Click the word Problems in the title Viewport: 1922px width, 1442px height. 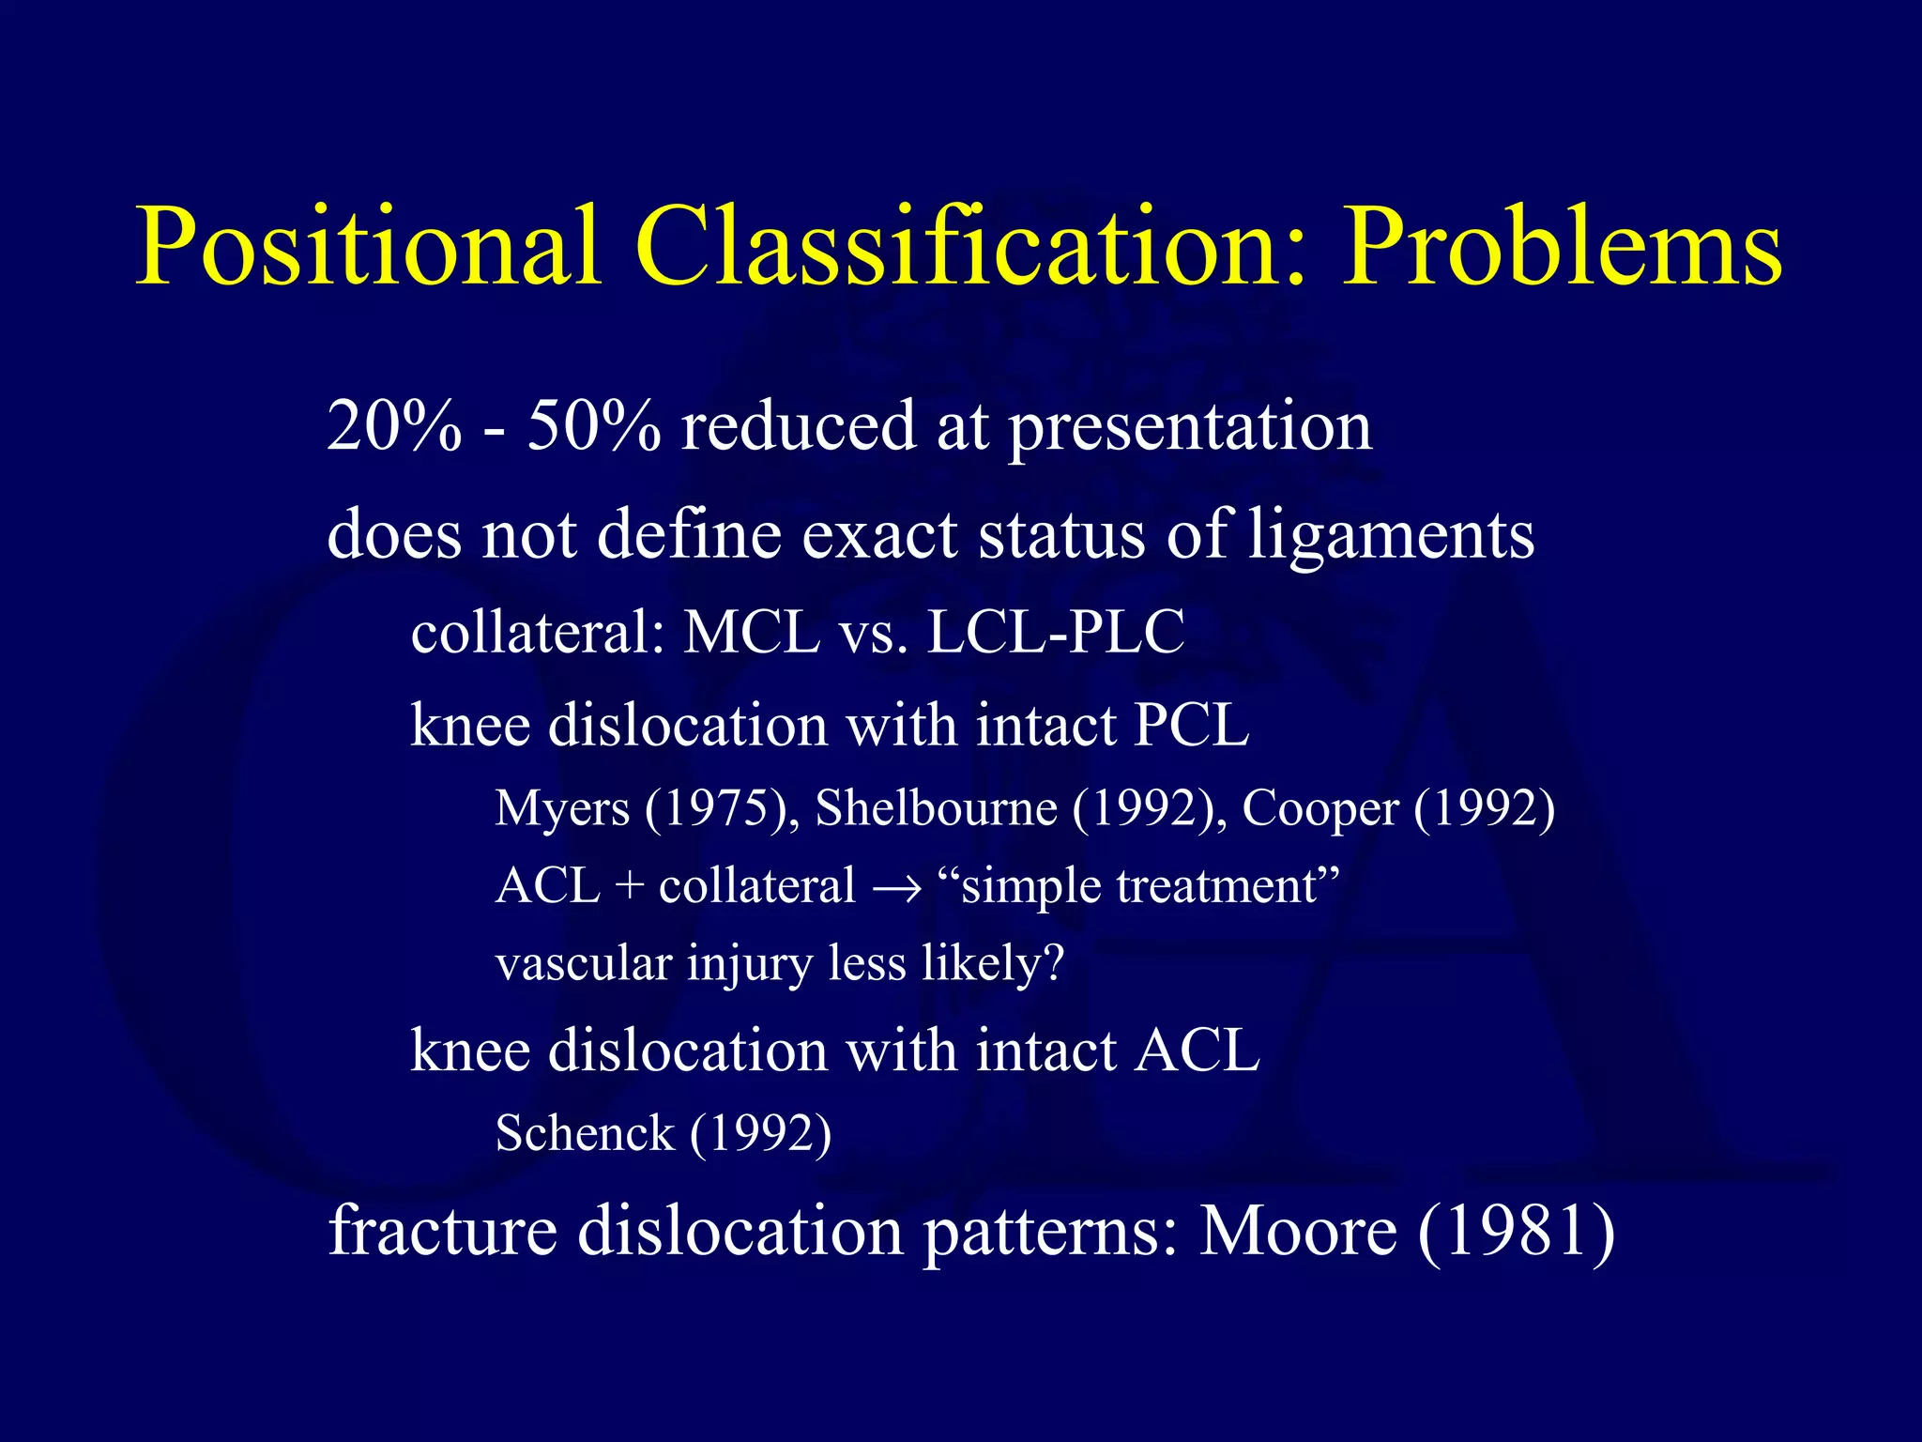pos(1562,246)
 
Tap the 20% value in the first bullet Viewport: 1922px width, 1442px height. pos(394,427)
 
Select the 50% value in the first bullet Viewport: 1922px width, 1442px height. pos(593,427)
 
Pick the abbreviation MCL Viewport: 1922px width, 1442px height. pos(752,632)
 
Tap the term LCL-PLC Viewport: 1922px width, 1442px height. pos(1056,632)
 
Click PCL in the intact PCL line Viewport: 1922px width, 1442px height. pos(1192,725)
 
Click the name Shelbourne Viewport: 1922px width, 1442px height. pos(936,807)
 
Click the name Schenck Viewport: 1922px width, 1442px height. pos(585,1133)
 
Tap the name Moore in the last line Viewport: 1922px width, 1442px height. pos(1299,1231)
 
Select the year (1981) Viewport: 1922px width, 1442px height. pos(1517,1231)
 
